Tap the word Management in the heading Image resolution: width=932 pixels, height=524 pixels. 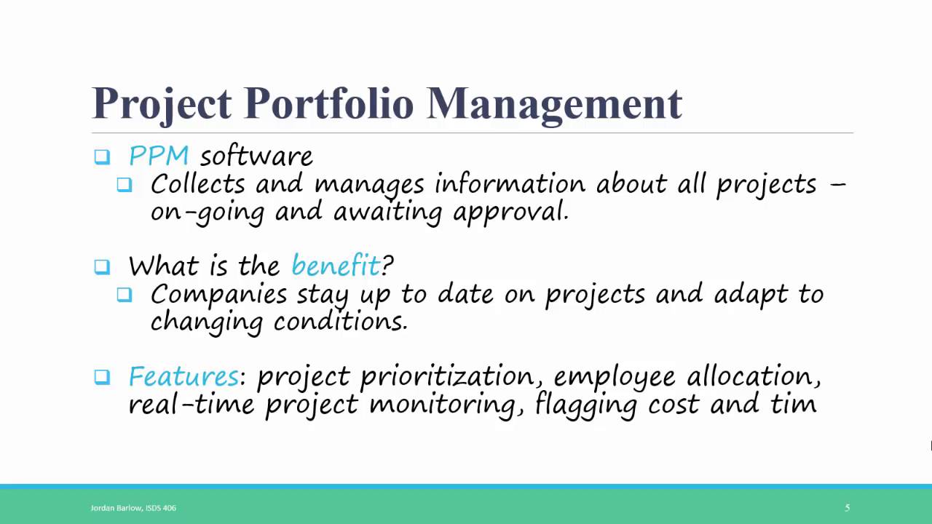tap(554, 103)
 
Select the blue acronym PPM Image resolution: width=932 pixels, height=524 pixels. tap(159, 156)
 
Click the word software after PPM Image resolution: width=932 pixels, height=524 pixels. tap(256, 156)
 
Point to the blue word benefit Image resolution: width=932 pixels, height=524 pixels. tap(336, 266)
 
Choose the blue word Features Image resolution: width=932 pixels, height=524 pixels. tap(183, 376)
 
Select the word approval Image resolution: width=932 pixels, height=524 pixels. tap(510, 213)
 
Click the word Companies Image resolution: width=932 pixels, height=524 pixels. tap(218, 294)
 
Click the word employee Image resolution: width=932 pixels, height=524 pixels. tap(615, 377)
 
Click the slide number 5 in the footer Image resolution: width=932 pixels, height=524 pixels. tap(847, 507)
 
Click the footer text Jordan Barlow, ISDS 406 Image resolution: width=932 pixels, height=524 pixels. tap(133, 507)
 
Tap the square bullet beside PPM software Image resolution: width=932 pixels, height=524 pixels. tap(102, 156)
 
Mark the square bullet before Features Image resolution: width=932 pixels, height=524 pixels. tap(102, 377)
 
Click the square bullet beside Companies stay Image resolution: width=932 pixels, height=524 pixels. tap(125, 295)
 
